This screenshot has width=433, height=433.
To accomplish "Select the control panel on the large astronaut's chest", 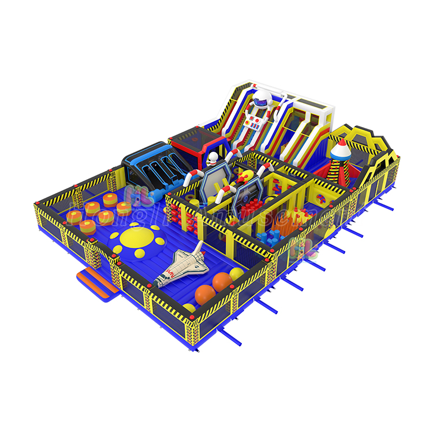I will (x=255, y=121).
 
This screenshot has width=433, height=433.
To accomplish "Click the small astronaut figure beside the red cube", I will (x=213, y=160).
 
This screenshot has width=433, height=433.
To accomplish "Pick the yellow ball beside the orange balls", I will (x=237, y=273).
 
